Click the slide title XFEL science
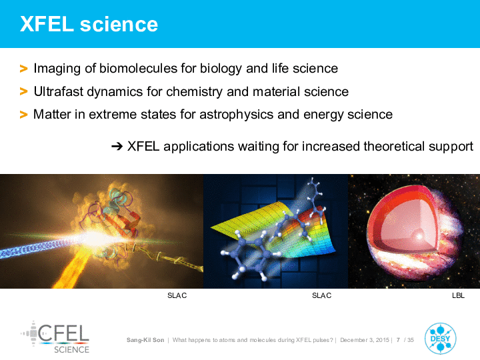[89, 24]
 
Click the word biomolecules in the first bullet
[139, 68]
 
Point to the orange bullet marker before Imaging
[23, 69]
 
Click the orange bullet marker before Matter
[23, 115]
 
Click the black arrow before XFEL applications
[117, 147]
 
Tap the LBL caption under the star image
[458, 295]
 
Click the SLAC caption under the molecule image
[322, 295]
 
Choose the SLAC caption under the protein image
[177, 295]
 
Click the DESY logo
[440, 338]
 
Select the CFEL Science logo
[55, 337]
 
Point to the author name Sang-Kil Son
[145, 340]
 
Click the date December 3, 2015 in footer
[365, 340]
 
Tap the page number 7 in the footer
[398, 340]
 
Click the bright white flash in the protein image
[93, 237]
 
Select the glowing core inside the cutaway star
[419, 236]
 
